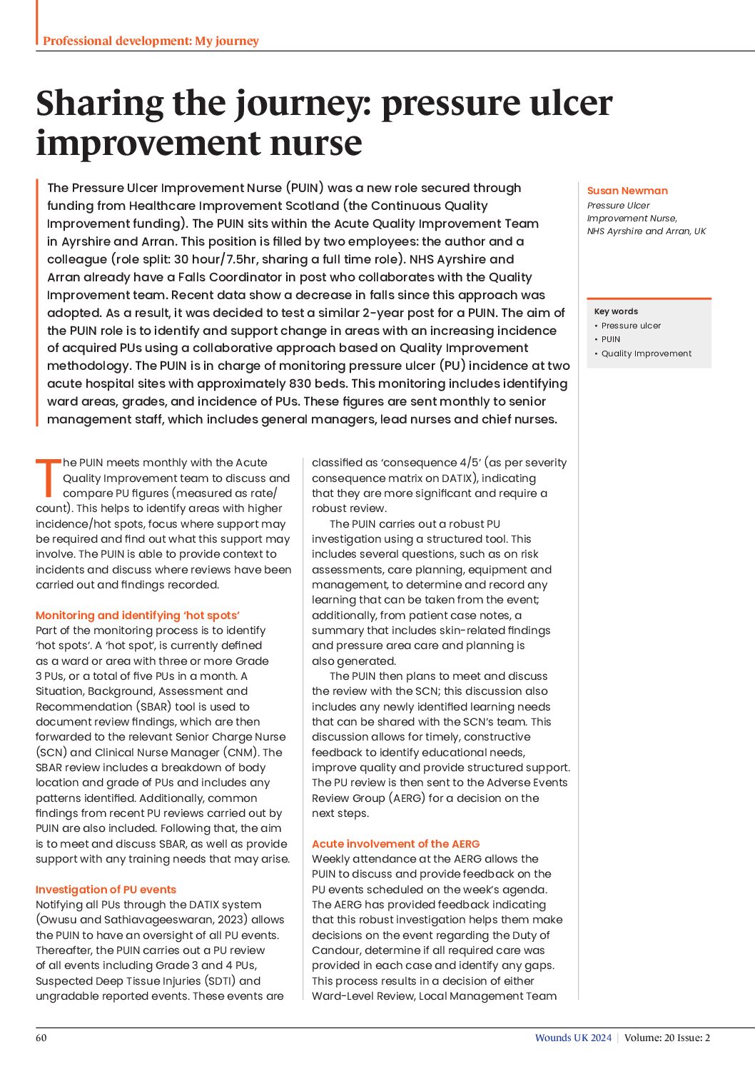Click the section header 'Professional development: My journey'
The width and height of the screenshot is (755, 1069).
(x=151, y=41)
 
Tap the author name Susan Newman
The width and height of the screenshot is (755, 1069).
(x=627, y=191)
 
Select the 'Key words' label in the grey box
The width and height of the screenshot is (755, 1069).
(x=616, y=311)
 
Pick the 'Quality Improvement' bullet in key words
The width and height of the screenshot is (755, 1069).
(x=646, y=353)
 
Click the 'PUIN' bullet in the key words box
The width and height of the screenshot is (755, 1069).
(x=610, y=339)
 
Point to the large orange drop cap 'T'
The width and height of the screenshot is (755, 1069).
(x=48, y=477)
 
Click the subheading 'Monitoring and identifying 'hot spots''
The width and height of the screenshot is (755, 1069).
(x=138, y=615)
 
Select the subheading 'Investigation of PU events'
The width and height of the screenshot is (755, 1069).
(x=106, y=889)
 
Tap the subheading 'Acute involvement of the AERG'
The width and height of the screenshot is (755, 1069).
(x=395, y=843)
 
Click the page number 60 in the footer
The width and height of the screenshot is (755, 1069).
(x=41, y=1038)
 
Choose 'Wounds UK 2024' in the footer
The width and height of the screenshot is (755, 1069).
(x=573, y=1038)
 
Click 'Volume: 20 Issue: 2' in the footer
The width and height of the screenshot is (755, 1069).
(x=667, y=1038)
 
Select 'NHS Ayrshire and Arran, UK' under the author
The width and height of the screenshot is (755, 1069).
(x=646, y=231)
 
